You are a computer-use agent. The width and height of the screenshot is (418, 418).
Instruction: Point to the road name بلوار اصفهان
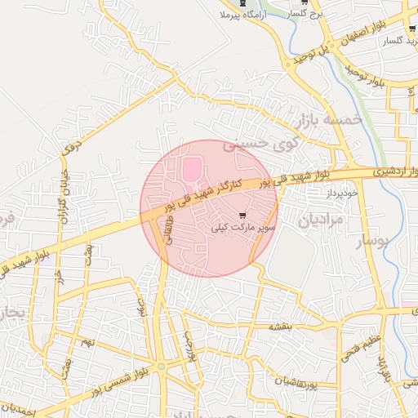(x=376, y=38)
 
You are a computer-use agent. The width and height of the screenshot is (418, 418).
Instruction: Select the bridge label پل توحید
(x=313, y=57)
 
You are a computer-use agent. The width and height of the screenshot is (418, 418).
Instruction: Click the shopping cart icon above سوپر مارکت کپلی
(x=242, y=213)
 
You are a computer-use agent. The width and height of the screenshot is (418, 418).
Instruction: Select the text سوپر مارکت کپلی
(x=237, y=225)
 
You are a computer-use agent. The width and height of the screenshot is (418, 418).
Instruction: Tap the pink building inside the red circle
(x=190, y=170)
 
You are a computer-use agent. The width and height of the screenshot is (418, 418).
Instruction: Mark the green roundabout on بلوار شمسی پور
(x=161, y=368)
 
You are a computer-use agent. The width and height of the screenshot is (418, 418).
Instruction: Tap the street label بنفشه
(x=274, y=326)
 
